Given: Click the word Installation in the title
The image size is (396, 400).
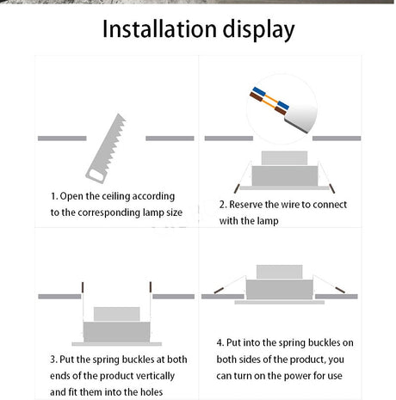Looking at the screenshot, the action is coord(159,29).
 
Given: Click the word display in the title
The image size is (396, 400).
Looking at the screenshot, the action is coord(258,30).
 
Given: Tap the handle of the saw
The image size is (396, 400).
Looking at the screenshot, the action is coord(96,175).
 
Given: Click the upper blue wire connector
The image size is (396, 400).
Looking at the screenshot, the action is coord(259,92).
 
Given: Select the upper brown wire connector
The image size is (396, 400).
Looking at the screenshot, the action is coord(256,97).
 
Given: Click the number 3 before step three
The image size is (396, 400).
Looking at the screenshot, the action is coord(53,360).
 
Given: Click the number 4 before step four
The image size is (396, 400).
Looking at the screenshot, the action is coord(220,342).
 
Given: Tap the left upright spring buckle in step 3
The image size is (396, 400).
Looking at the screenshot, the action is coord(83,287).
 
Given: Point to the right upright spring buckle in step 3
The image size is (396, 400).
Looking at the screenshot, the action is coord(151,287).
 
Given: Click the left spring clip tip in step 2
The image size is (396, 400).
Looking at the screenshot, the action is coord(237,188).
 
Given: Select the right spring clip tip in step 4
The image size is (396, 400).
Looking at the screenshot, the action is coord(340,290).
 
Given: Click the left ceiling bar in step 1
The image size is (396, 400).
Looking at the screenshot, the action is coord(62,138).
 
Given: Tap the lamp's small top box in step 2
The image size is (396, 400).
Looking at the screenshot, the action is coord(284,158).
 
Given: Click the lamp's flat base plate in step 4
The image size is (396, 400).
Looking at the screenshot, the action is coord(280,302).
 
